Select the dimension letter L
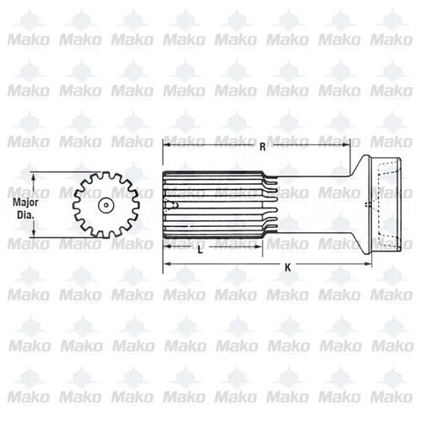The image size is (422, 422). pyautogui.click(x=199, y=252)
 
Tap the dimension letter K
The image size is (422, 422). pyautogui.click(x=288, y=268)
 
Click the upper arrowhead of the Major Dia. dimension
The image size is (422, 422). pyautogui.click(x=35, y=176)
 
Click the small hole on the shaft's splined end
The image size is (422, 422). pyautogui.click(x=176, y=207)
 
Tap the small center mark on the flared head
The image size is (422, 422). pyautogui.click(x=365, y=208)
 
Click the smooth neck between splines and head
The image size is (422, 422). pyautogui.click(x=312, y=207)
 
